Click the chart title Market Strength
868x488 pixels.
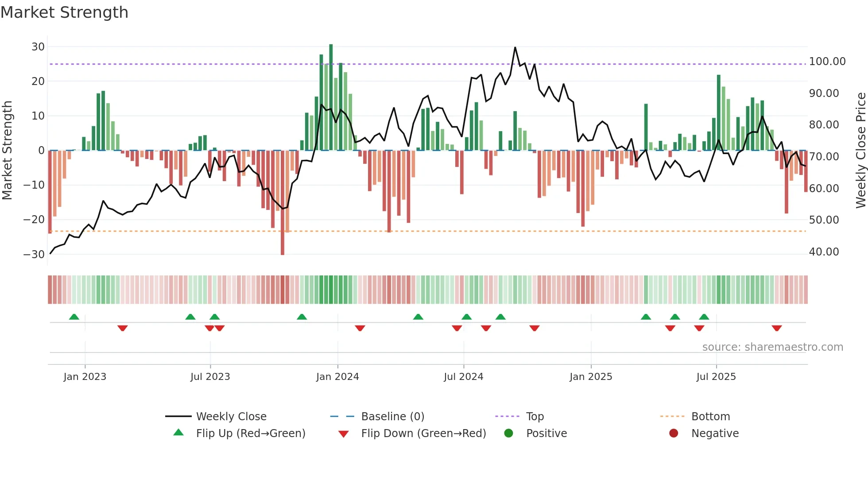(64, 12)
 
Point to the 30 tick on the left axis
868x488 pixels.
(38, 47)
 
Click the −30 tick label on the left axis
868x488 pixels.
(34, 255)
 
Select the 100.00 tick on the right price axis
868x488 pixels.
(827, 62)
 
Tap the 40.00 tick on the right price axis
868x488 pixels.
(824, 252)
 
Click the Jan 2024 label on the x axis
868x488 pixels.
(337, 377)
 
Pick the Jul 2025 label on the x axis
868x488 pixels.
(716, 377)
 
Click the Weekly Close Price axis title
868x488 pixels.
(860, 151)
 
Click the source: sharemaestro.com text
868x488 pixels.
(772, 347)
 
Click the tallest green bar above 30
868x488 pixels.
(331, 97)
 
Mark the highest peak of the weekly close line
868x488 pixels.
(515, 47)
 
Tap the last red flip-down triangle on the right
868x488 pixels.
(776, 328)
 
